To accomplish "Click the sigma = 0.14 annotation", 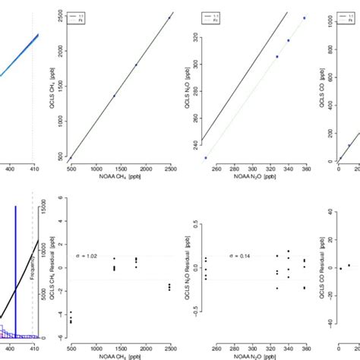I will coord(241,256).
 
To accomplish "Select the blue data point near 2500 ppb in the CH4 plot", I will coord(169,17).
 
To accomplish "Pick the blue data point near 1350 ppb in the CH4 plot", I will coord(114,96).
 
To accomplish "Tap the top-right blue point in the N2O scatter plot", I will coord(304,17).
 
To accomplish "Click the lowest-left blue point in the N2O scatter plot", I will coord(206,157).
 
